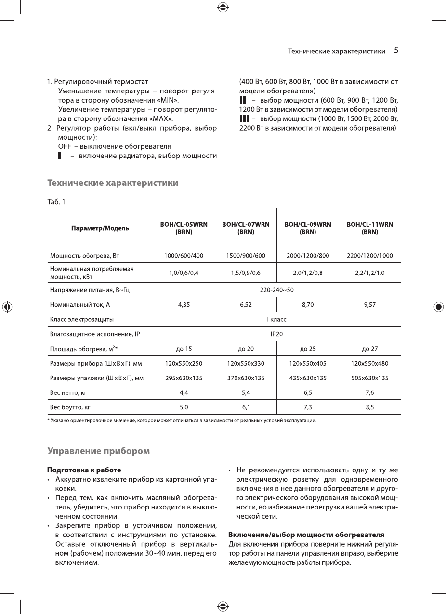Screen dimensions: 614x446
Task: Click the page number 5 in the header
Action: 396,50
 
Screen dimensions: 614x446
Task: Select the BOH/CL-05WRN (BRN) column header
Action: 184,228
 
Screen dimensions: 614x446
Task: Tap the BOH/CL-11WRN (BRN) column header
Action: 369,228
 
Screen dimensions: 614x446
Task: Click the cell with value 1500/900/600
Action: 246,255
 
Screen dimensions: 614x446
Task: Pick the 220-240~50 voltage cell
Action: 276,290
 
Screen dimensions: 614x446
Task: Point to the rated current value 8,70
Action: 308,304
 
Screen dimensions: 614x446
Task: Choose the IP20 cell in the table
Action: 276,334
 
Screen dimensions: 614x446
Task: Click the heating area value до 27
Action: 369,349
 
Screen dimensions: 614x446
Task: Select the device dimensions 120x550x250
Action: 184,363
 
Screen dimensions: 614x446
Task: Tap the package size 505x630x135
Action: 369,378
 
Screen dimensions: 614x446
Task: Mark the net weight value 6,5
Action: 308,392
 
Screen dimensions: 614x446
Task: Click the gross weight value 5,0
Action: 184,407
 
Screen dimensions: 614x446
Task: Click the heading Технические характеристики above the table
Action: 113,183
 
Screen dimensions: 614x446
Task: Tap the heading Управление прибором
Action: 98,451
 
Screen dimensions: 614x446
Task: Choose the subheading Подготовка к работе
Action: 84,470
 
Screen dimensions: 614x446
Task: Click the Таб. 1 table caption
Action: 56,202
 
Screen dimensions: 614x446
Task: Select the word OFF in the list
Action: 65,146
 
